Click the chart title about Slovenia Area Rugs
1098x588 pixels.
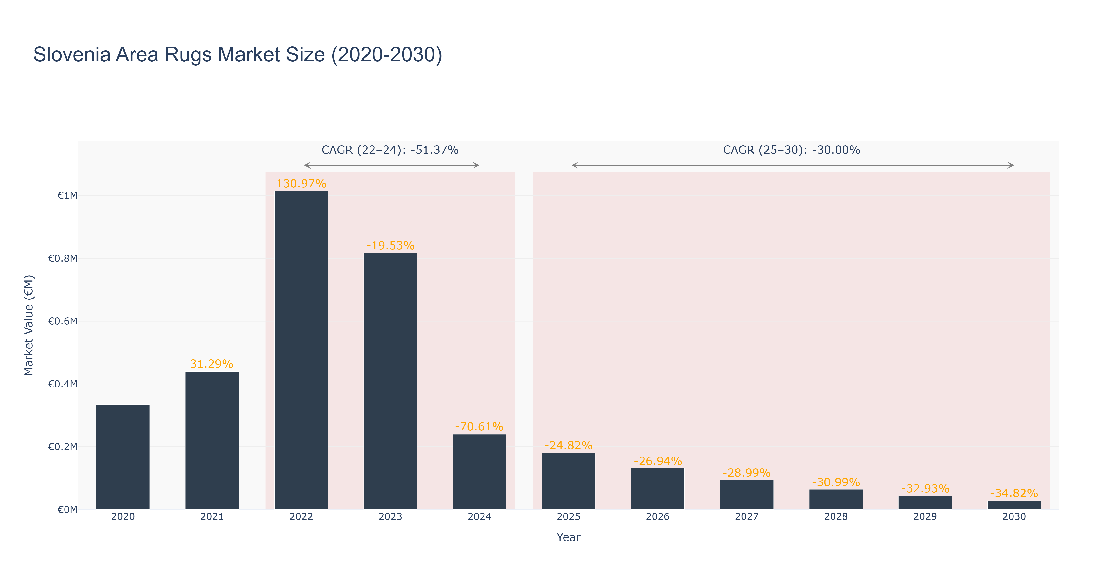[238, 55]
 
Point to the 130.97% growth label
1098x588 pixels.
[301, 184]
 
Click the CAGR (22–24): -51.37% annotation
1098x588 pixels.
[390, 150]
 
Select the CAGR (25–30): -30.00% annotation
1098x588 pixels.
[792, 150]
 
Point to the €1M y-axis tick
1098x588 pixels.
[68, 196]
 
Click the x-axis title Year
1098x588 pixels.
[569, 537]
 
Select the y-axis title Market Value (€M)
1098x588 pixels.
[29, 325]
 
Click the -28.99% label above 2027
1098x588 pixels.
[747, 473]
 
